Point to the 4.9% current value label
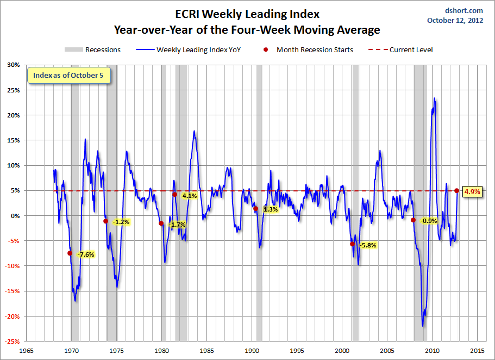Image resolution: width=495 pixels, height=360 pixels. (472, 191)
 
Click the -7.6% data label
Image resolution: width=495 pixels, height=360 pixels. (86, 255)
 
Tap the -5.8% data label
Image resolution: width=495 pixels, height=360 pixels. (367, 245)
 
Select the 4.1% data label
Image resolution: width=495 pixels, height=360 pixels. (189, 196)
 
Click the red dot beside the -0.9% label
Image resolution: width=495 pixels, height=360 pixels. (413, 220)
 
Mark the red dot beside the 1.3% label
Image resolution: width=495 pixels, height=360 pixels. (255, 209)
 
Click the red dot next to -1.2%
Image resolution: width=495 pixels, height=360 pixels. (105, 221)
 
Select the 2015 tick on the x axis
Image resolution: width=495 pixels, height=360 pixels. (478, 351)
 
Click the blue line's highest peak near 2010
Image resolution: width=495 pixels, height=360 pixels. (434, 99)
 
